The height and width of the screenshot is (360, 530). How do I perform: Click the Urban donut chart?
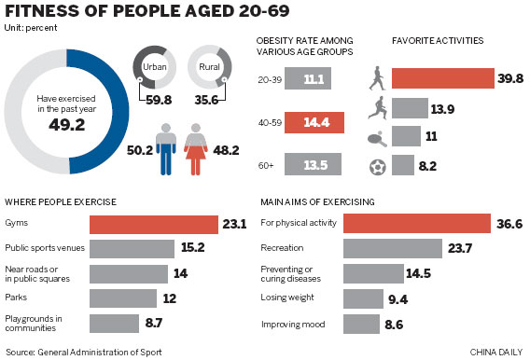pos(154,68)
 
